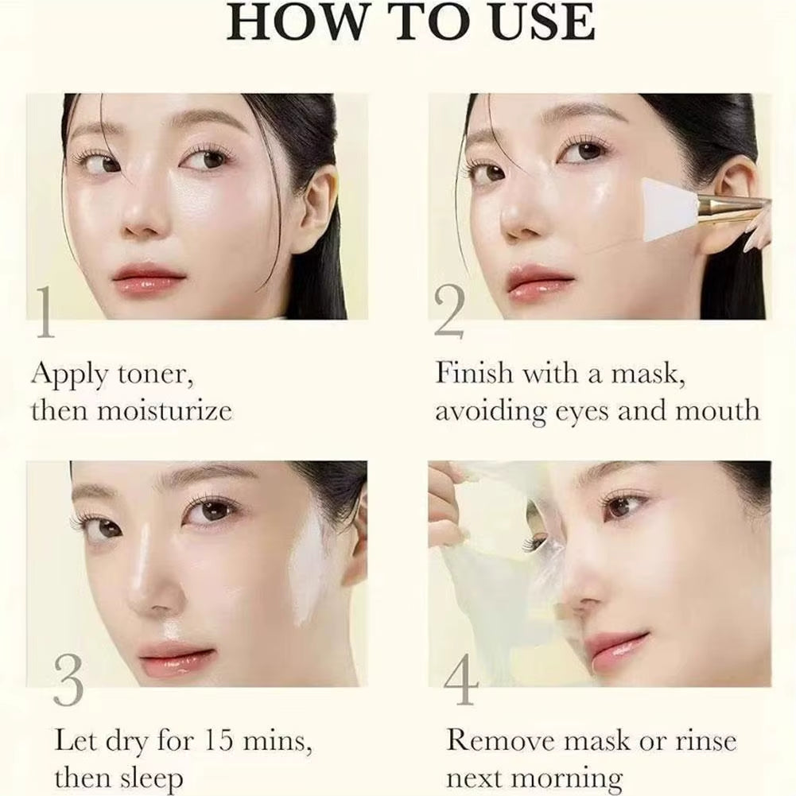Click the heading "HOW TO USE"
[x=410, y=24]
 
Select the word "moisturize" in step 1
[x=165, y=410]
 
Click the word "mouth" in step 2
[x=717, y=410]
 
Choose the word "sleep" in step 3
[x=146, y=778]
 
